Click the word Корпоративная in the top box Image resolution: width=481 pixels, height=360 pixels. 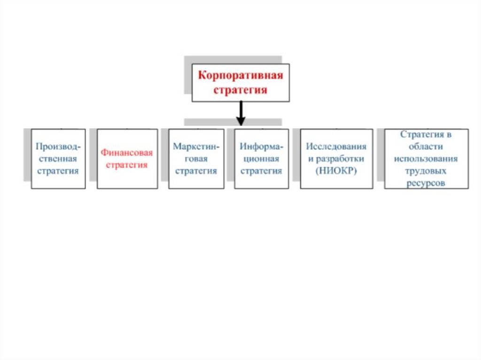tap(240, 76)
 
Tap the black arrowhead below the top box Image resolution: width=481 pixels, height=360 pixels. tap(240, 121)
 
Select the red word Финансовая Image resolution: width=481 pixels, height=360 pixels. tap(127, 153)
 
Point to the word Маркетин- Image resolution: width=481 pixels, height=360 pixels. tap(196, 146)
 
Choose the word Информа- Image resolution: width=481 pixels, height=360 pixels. tap(262, 146)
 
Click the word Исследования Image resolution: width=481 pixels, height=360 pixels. tap(336, 146)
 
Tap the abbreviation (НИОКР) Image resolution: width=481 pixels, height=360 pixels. tap(336, 171)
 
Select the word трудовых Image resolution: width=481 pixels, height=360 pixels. tap(426, 171)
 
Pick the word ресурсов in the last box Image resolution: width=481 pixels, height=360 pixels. tap(426, 183)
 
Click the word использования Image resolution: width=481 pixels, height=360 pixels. tap(426, 159)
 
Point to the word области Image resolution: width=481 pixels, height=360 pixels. tap(426, 146)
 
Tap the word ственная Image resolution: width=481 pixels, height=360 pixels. tap(58, 159)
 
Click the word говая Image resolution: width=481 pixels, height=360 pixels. tap(196, 159)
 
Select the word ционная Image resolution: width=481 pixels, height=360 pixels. tap(262, 159)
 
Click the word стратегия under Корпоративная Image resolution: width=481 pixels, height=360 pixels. tap(240, 90)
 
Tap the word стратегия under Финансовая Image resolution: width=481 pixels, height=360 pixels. tap(127, 165)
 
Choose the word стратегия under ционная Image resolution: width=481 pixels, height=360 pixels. tap(262, 171)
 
